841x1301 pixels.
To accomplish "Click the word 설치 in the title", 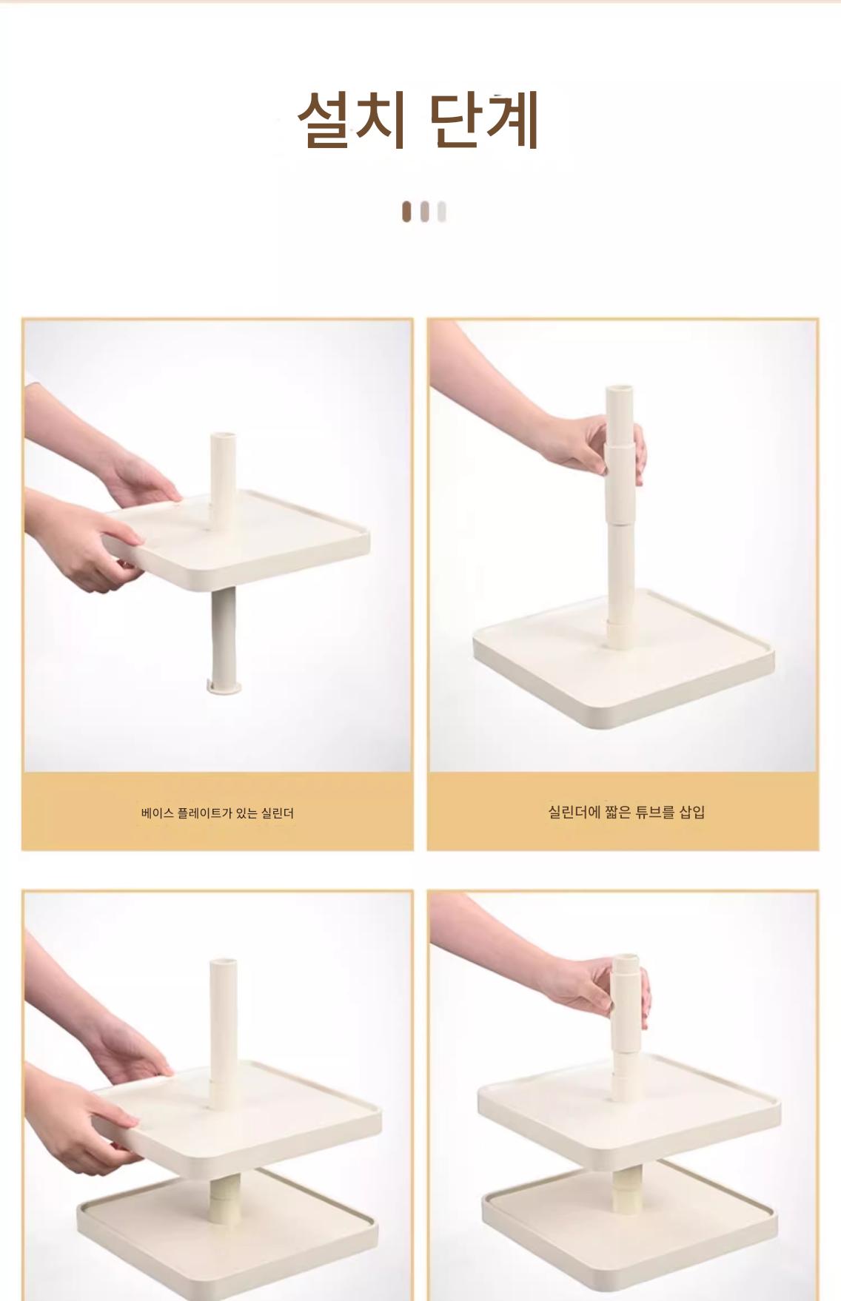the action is coord(350,120).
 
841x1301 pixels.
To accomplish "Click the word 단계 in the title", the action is coord(484,120).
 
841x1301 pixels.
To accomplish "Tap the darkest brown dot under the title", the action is coord(406,212).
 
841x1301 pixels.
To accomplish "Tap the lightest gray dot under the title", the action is coord(442,212).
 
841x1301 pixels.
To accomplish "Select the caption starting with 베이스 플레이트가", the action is coord(218,813).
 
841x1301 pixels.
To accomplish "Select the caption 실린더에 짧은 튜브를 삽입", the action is coord(626,812).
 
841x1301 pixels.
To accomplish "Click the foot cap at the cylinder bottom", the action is coord(224,688).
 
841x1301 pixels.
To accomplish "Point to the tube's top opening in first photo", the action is coord(222,436).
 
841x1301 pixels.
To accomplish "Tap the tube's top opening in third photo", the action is coord(222,964).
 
